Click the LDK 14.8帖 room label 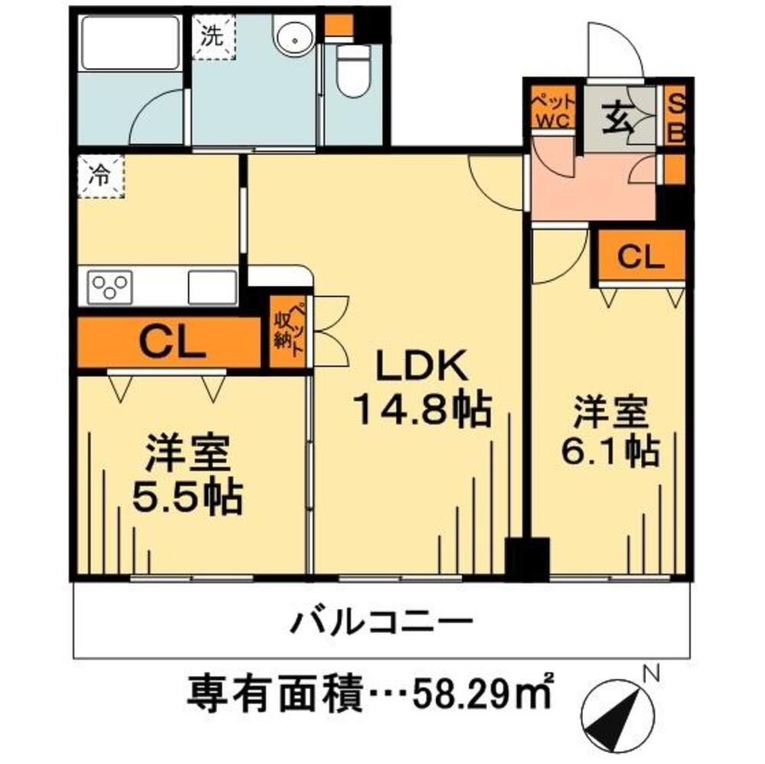(420, 390)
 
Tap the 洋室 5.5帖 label (186, 477)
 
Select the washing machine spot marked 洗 (213, 35)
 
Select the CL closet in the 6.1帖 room (642, 256)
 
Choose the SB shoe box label (676, 119)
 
